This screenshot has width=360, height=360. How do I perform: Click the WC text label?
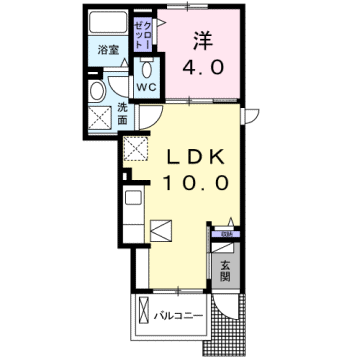click(146, 86)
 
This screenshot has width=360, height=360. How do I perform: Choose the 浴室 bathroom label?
click(108, 48)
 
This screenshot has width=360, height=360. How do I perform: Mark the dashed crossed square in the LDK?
click(135, 150)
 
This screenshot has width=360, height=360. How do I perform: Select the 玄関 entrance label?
click(226, 269)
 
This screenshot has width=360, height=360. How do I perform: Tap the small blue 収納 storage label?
click(227, 235)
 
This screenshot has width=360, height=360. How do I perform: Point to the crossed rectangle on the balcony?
click(143, 319)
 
